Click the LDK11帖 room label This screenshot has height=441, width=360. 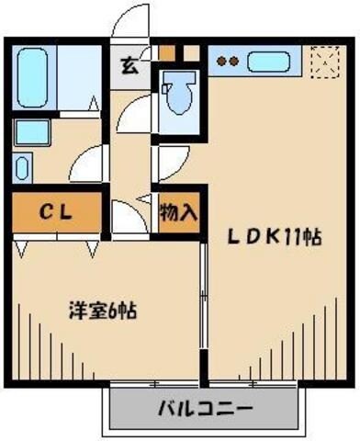click(x=274, y=236)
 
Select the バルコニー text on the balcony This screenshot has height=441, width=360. click(x=203, y=407)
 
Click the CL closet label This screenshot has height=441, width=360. click(x=57, y=212)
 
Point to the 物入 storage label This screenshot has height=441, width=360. click(x=178, y=214)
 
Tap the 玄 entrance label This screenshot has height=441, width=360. click(x=129, y=66)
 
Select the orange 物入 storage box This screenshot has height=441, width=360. click(x=178, y=214)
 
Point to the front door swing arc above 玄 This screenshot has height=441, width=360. click(x=129, y=26)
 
